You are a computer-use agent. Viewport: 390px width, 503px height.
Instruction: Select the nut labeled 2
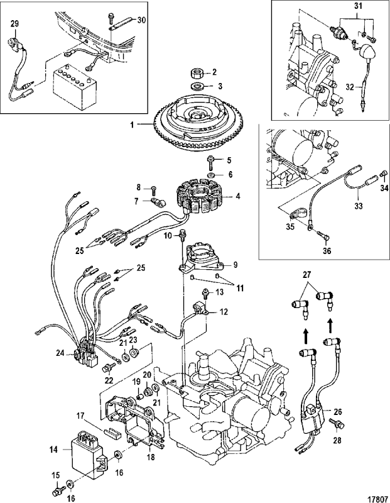click(195, 73)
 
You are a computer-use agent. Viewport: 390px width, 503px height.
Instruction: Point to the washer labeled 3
click(195, 86)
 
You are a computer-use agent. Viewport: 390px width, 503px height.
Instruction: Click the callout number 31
click(359, 7)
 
